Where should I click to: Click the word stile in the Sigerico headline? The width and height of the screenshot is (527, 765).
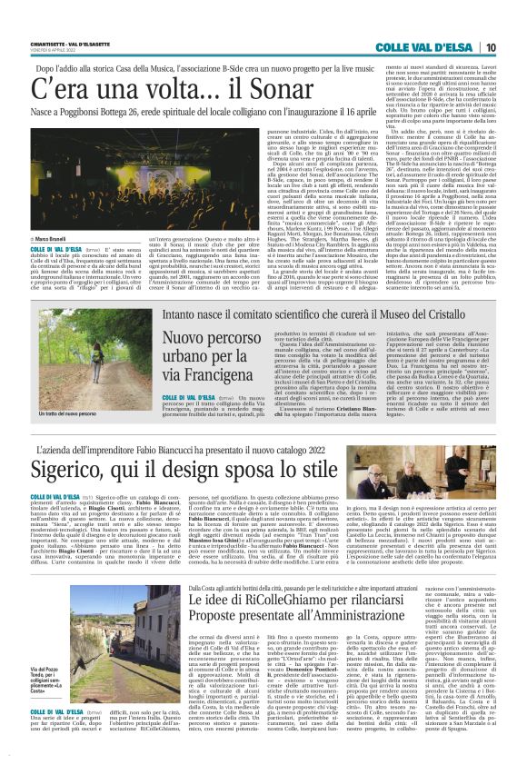click(x=311, y=471)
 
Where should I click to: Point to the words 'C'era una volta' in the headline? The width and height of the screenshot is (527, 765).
click(x=96, y=90)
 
